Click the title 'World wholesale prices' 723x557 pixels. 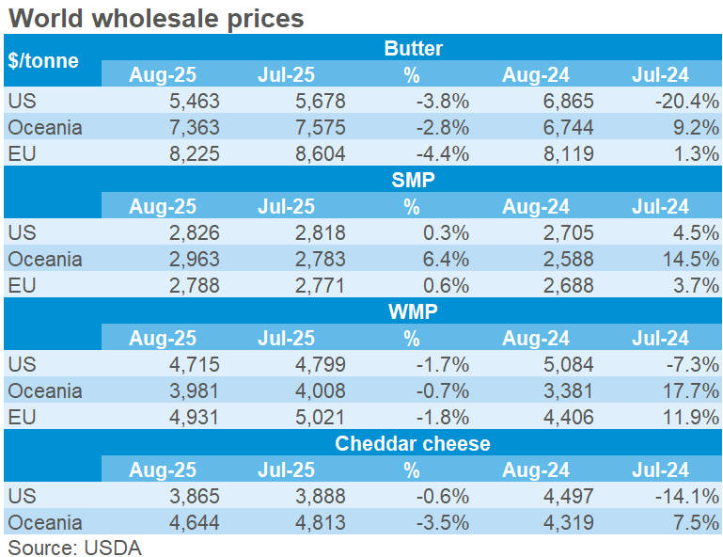coord(155,18)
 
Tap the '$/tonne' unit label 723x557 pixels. coord(43,60)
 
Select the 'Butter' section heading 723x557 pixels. coord(413,48)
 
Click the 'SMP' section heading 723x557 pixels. coord(413,180)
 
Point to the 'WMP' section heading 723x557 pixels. coord(413,311)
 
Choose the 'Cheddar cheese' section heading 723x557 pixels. coord(413,443)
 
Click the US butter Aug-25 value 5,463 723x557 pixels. coord(192,101)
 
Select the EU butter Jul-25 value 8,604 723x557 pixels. coord(315,153)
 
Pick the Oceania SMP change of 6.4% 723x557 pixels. coord(446,259)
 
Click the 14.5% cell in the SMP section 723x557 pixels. coord(689,259)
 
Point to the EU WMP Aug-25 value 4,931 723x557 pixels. coord(192,417)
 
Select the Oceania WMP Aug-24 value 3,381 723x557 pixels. coord(565,390)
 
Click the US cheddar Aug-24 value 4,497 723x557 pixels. coord(565,496)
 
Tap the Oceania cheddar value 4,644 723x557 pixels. coord(192,522)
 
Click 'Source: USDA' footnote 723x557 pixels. coord(74,548)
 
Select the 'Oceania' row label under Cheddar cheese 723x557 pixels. coord(44,522)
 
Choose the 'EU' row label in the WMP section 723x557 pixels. coord(20,417)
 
